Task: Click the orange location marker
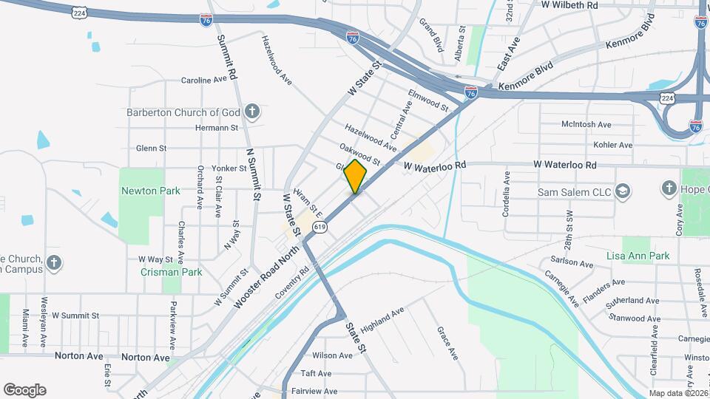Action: (x=356, y=177)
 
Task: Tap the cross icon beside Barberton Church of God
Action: (x=252, y=112)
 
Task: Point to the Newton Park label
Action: (x=150, y=191)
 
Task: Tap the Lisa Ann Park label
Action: (x=637, y=256)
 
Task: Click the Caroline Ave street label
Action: (x=203, y=80)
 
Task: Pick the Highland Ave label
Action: (x=382, y=319)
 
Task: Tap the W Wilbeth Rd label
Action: (x=569, y=5)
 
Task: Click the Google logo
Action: (x=24, y=389)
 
